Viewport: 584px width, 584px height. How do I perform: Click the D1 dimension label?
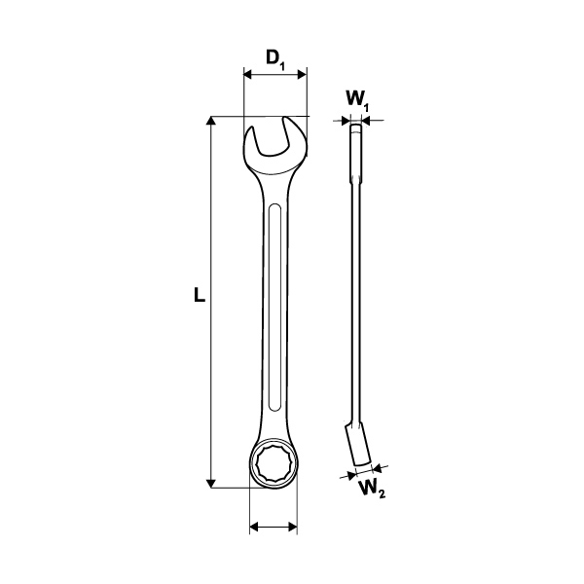click(x=275, y=59)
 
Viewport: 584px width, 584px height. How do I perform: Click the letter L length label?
click(x=200, y=294)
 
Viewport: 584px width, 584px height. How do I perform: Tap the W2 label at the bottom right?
click(x=372, y=489)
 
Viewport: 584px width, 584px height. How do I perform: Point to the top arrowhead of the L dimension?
click(x=211, y=121)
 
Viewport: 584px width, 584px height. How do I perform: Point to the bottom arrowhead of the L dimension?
click(x=211, y=483)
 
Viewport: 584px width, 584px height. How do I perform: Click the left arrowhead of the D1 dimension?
click(x=248, y=75)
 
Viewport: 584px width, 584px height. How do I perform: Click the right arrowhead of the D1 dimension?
click(x=302, y=75)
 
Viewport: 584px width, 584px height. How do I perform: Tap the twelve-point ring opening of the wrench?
click(x=274, y=463)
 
